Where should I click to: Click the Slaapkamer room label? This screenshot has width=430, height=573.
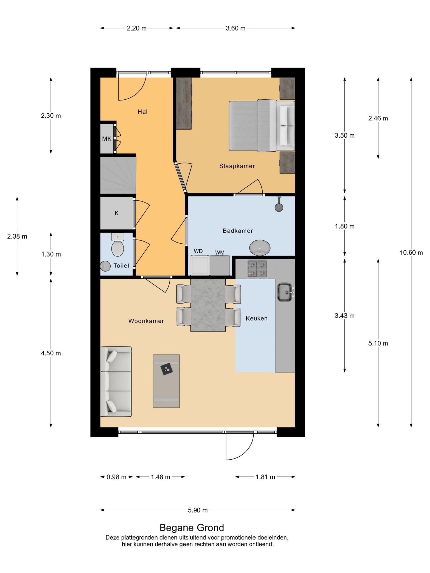pyautogui.click(x=237, y=166)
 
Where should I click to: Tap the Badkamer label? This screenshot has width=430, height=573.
pyautogui.click(x=238, y=231)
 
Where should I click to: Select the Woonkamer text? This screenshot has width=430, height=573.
pyautogui.click(x=146, y=321)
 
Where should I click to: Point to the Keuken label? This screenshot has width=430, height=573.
pyautogui.click(x=256, y=318)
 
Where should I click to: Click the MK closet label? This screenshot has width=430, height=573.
pyautogui.click(x=107, y=138)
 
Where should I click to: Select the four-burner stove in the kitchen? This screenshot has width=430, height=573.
pyautogui.click(x=257, y=269)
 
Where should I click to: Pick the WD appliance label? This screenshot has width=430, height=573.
pyautogui.click(x=198, y=251)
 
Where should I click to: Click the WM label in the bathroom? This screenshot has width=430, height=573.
pyautogui.click(x=220, y=253)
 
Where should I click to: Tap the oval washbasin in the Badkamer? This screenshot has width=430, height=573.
pyautogui.click(x=260, y=248)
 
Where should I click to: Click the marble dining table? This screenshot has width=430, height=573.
pyautogui.click(x=208, y=305)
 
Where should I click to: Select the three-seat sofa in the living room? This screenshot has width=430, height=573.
pyautogui.click(x=116, y=382)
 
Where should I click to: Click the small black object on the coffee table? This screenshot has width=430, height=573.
pyautogui.click(x=167, y=370)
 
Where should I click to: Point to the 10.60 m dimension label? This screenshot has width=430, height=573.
pyautogui.click(x=411, y=253)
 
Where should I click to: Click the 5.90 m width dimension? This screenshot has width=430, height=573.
pyautogui.click(x=198, y=510)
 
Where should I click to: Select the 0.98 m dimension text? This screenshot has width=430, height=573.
pyautogui.click(x=116, y=477)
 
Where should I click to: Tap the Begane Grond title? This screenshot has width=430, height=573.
pyautogui.click(x=192, y=528)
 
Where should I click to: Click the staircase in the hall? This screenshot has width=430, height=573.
pyautogui.click(x=118, y=175)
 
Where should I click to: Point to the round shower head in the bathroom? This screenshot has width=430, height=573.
pyautogui.click(x=279, y=207)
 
